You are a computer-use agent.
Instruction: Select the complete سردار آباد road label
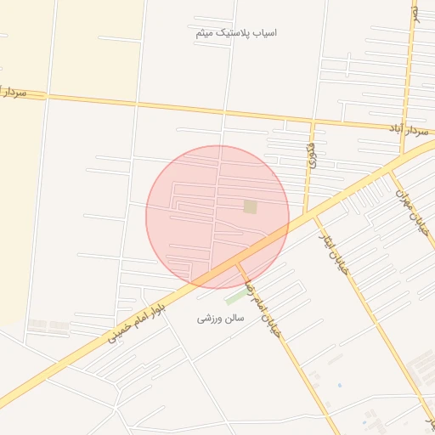coord(406,128)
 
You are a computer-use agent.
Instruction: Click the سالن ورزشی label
coord(221,318)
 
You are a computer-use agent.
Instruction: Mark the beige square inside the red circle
coord(250,206)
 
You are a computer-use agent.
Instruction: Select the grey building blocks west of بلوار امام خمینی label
coord(48,325)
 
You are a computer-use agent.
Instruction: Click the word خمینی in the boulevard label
coord(119,328)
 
